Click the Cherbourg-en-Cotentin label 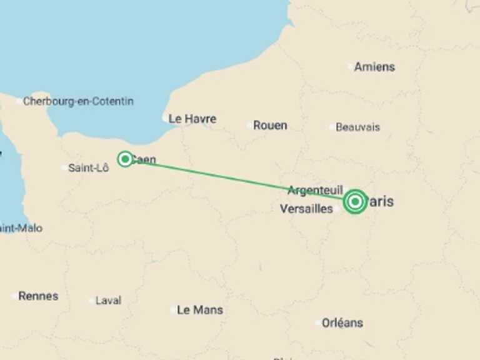click(78, 101)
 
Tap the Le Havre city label click(192, 119)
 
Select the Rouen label click(270, 126)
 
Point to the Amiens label click(374, 67)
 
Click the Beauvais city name click(357, 127)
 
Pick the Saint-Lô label click(88, 167)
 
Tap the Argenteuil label click(315, 190)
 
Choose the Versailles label click(306, 209)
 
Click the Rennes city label click(38, 296)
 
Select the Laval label click(108, 301)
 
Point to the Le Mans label click(200, 310)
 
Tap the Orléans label click(342, 323)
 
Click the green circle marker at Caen click(125, 159)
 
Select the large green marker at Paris click(355, 202)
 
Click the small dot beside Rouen click(249, 126)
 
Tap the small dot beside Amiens click(350, 67)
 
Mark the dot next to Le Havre click(165, 119)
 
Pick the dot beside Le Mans click(173, 310)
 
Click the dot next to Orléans click(318, 323)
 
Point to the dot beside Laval click(92, 301)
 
